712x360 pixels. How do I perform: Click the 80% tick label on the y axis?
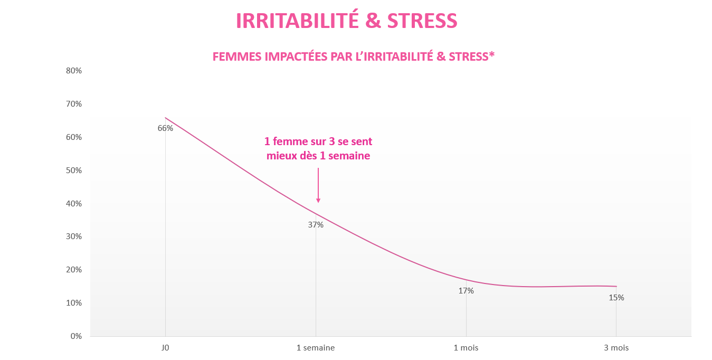74,71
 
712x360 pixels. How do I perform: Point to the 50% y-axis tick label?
74,170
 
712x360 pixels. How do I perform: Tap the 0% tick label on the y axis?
76,336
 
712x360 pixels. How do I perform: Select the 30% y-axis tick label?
74,236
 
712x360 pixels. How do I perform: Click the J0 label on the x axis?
165,348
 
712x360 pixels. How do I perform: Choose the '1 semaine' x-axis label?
316,348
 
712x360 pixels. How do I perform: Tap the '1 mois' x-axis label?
466,348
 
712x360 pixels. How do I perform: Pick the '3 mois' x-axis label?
616,348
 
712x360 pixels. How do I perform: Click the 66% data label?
165,128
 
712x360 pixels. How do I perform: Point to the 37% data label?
316,225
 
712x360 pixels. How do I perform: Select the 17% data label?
466,291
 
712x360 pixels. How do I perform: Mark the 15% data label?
616,298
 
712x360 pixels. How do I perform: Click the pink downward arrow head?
318,201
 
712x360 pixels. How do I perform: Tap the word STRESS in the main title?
422,21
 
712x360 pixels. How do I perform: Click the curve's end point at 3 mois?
616,286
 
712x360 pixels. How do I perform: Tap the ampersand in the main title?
373,21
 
